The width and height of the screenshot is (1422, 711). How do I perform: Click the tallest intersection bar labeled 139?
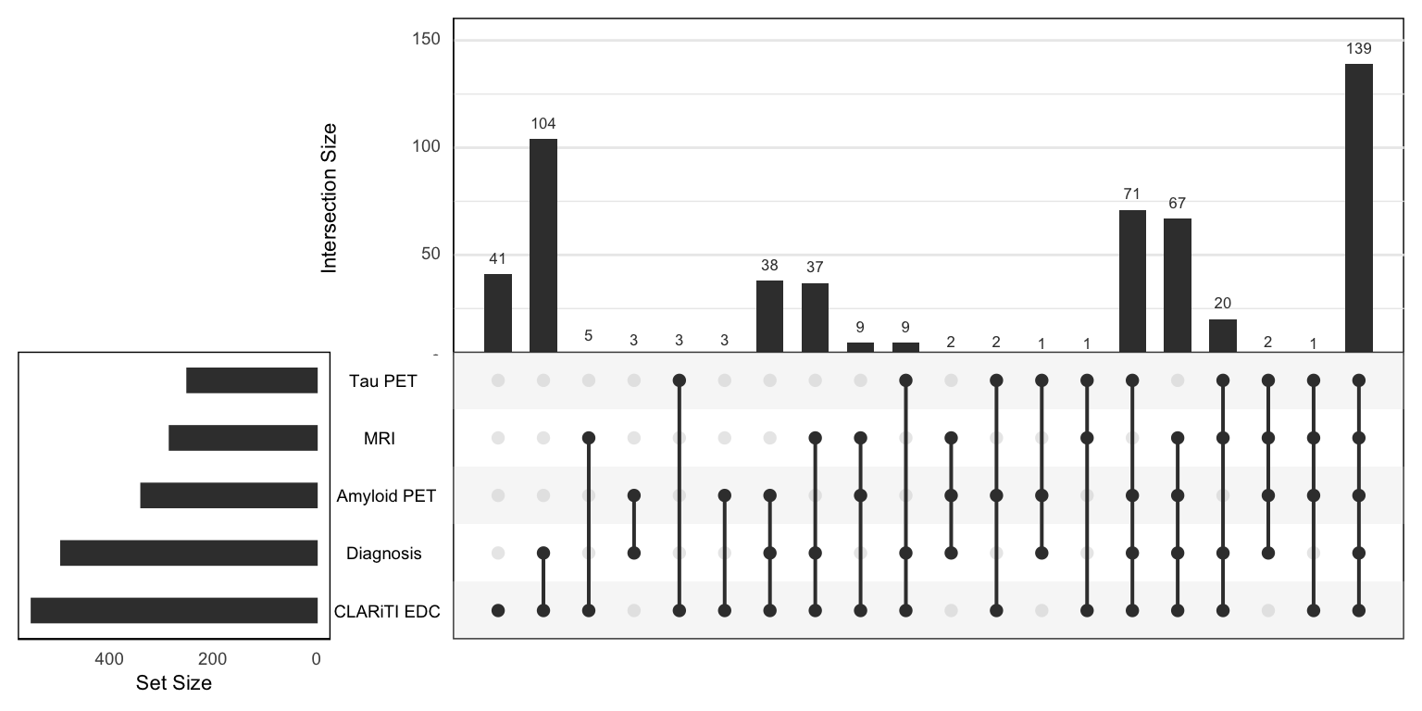1358,207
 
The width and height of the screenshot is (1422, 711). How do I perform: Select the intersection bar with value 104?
543,245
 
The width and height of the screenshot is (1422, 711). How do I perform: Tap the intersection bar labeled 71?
1131,281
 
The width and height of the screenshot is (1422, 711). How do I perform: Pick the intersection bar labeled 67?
1177,285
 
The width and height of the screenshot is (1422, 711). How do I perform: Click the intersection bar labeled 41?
498,313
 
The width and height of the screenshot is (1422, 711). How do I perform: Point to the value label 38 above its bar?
769,264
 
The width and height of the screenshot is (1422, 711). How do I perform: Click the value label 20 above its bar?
1222,303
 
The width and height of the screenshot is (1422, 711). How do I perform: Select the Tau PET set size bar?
252,380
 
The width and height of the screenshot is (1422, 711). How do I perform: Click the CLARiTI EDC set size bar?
174,611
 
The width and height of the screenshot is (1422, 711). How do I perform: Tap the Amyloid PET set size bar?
229,495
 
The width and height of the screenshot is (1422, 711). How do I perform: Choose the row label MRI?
380,439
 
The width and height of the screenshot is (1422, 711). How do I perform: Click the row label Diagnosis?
383,554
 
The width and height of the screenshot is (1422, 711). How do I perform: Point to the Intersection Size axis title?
329,197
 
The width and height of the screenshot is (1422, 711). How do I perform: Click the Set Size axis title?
173,684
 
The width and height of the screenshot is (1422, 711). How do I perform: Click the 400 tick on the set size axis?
109,659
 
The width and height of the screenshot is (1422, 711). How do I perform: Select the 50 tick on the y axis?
432,255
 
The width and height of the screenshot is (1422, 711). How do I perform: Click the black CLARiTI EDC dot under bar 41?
498,611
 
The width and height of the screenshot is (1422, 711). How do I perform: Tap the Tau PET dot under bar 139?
1358,380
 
